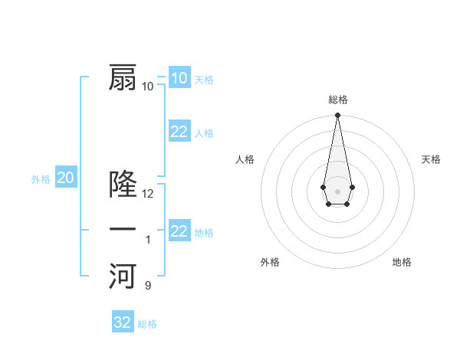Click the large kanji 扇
click(x=123, y=78)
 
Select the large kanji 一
click(x=123, y=229)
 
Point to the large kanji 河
click(x=123, y=276)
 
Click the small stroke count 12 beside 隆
click(x=148, y=194)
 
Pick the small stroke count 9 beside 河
click(x=148, y=286)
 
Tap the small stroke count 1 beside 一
click(x=148, y=240)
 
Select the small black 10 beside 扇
click(x=148, y=86)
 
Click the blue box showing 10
click(x=179, y=78)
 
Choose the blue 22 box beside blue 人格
click(x=179, y=132)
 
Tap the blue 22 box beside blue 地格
click(x=179, y=231)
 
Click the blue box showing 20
click(x=65, y=178)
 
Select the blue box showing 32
click(x=122, y=322)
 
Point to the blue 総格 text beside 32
click(x=147, y=324)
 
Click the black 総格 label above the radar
click(x=337, y=100)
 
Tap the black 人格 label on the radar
click(x=245, y=159)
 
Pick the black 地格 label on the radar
click(x=402, y=262)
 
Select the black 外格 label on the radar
click(x=270, y=262)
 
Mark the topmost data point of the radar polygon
click(x=337, y=116)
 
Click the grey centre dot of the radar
click(x=337, y=190)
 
